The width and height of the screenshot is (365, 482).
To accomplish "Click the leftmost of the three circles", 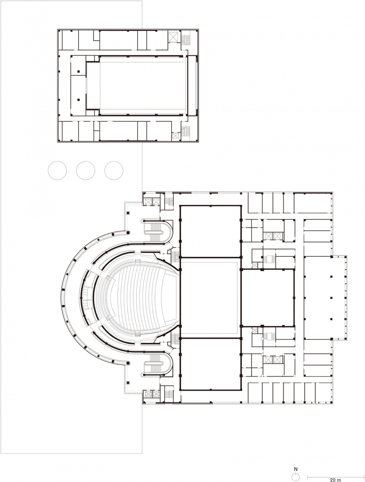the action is (x=57, y=170).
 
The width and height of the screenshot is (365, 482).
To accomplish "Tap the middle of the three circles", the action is (x=86, y=170).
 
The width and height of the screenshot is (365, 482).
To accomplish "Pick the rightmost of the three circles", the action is (x=114, y=170).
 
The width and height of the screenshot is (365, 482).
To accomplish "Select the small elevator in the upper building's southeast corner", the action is (x=176, y=136).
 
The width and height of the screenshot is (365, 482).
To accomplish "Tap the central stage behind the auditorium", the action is (x=211, y=298).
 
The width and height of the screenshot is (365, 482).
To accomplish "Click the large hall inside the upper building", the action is (x=144, y=86).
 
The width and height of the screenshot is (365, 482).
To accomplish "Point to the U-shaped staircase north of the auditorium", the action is (x=157, y=231).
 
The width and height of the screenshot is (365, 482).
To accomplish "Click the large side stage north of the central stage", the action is (x=211, y=231).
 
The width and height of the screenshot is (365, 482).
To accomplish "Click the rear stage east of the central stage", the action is (x=268, y=298).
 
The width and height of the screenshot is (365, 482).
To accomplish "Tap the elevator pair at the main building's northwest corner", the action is (x=151, y=202).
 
